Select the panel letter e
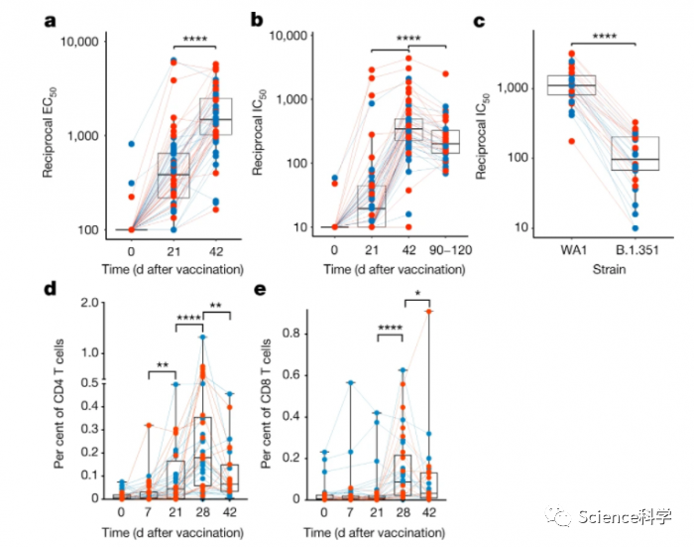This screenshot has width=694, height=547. coord(261,292)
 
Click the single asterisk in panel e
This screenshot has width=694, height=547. coord(416,295)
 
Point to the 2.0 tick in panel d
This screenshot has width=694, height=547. coord(91,304)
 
